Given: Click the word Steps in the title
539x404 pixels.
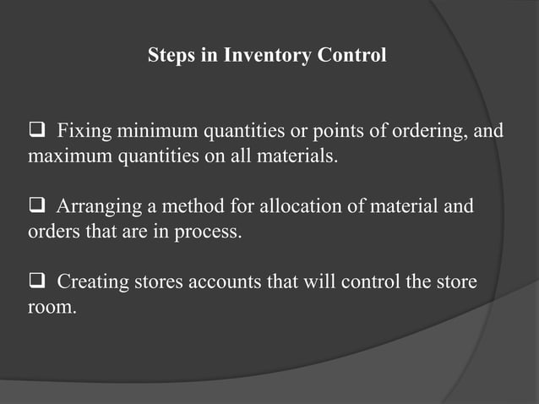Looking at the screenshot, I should pyautogui.click(x=170, y=57).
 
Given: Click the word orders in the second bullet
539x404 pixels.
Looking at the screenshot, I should pyautogui.click(x=52, y=232).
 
